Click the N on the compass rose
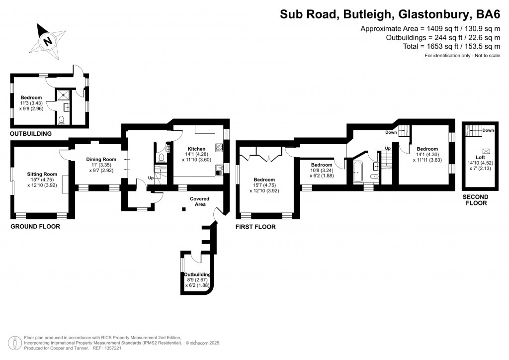tap(48, 41)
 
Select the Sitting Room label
tap(42, 174)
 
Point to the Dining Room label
tap(101, 159)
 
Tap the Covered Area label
tap(199, 201)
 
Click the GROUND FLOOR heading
tap(35, 227)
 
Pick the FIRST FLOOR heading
tap(255, 227)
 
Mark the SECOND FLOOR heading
tap(476, 200)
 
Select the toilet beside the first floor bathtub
tap(374, 176)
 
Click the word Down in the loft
tap(488, 130)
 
